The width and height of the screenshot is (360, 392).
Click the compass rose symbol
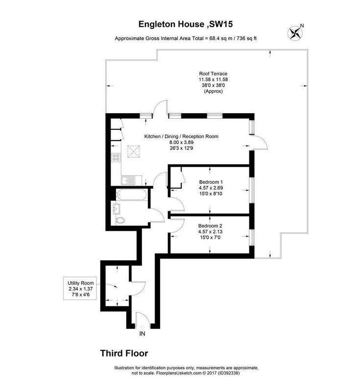pyautogui.click(x=295, y=33)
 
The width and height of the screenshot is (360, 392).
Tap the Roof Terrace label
pyautogui.click(x=213, y=73)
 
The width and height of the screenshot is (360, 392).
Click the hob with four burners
pyautogui.click(x=116, y=157)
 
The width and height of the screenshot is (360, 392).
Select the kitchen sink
pyautogui.click(x=128, y=180)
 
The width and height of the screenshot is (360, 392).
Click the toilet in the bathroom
pyautogui.click(x=120, y=220)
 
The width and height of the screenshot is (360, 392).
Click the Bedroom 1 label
pyautogui.click(x=211, y=182)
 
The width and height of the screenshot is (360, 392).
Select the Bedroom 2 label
pyautogui.click(x=210, y=225)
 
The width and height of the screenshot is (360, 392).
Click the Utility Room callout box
pyautogui.click(x=80, y=289)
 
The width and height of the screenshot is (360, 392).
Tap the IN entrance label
pyautogui.click(x=142, y=334)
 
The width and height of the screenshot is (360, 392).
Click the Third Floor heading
pyautogui.click(x=124, y=353)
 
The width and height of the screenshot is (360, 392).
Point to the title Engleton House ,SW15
pyautogui.click(x=186, y=24)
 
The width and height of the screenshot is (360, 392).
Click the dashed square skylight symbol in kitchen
pyautogui.click(x=134, y=151)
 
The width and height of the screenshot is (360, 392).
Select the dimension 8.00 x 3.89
pyautogui.click(x=181, y=142)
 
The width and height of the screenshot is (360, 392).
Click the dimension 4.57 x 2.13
pyautogui.click(x=210, y=231)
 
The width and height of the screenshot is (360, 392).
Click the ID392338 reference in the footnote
pyautogui.click(x=229, y=373)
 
